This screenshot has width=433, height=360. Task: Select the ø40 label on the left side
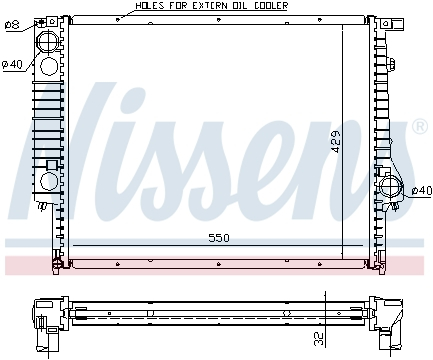tap(12, 65)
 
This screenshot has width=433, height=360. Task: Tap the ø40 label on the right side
tap(421, 190)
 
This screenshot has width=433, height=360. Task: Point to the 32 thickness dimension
tap(319, 338)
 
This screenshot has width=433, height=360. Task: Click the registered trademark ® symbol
tap(420, 127)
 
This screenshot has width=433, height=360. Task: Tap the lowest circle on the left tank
tap(46, 182)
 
